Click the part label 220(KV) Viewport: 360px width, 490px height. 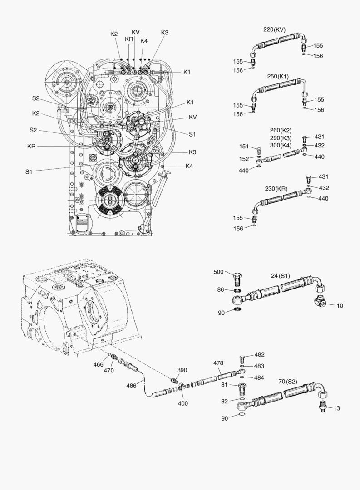274,29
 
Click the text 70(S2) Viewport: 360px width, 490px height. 287,382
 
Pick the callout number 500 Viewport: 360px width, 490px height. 219,272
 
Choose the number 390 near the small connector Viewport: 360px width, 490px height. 182,370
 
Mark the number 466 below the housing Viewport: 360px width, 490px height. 99,364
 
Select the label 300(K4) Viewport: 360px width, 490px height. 280,145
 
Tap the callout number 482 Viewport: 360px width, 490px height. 259,354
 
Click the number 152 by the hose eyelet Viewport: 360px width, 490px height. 244,159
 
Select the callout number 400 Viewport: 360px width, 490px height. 183,391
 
